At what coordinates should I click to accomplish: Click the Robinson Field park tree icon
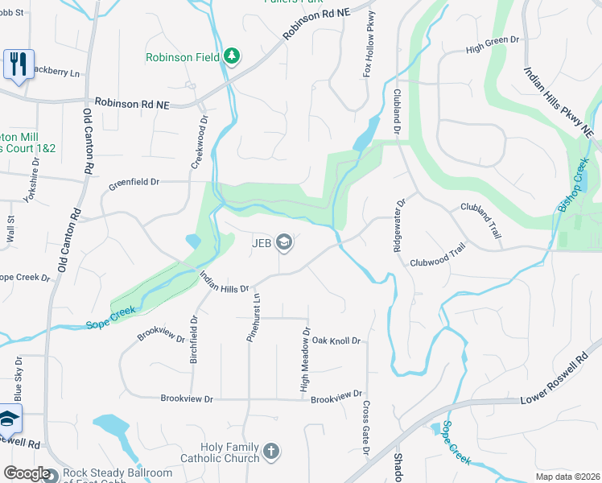pos(233,56)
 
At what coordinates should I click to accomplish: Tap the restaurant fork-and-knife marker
pos(18,64)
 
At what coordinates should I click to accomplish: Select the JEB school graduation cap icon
pos(283,241)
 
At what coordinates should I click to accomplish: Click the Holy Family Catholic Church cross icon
pos(271,451)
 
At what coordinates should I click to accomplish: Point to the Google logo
pos(27,473)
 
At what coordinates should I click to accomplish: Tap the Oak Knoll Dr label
pos(336,341)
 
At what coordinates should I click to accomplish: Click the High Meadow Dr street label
pos(305,360)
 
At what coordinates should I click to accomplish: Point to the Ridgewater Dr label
pos(397,225)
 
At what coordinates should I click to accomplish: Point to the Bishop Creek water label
pos(573,185)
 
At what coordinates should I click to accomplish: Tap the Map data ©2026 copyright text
pos(567,477)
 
